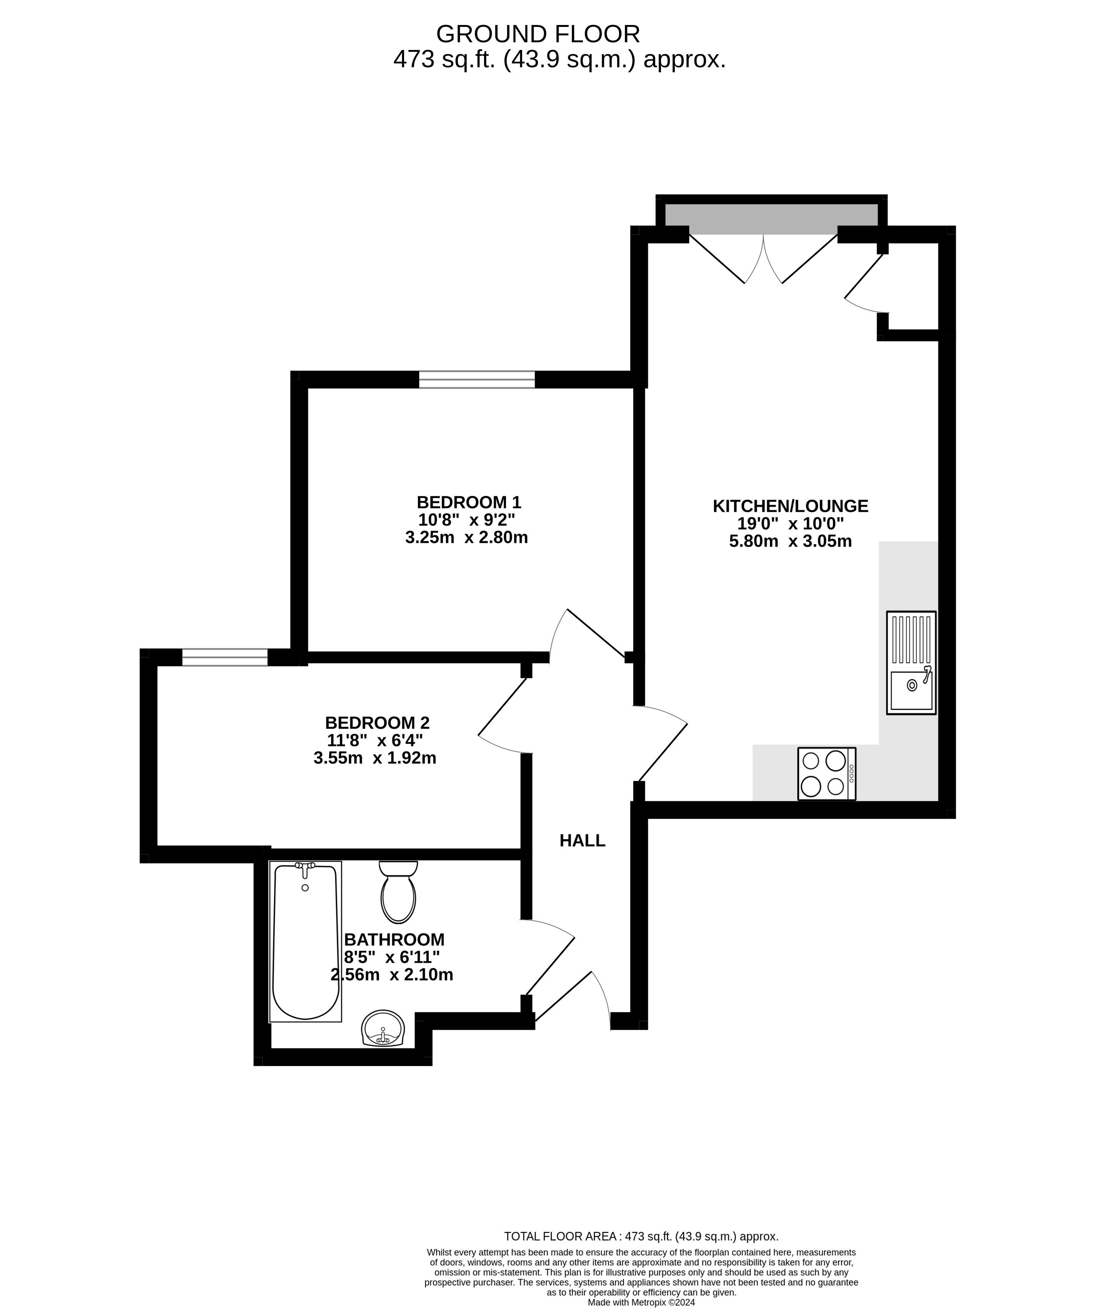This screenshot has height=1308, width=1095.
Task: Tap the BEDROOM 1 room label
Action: click(469, 502)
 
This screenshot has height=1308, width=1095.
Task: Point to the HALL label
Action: click(582, 840)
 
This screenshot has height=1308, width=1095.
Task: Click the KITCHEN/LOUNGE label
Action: click(790, 506)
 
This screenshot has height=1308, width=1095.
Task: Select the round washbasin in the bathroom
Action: click(383, 1028)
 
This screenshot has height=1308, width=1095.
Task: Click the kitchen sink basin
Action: click(912, 691)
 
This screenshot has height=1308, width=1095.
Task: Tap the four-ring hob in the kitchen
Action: click(826, 774)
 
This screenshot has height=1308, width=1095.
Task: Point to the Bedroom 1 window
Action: click(477, 379)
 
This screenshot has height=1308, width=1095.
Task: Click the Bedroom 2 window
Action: click(225, 657)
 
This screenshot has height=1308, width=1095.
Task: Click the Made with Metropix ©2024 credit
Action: click(641, 1302)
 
